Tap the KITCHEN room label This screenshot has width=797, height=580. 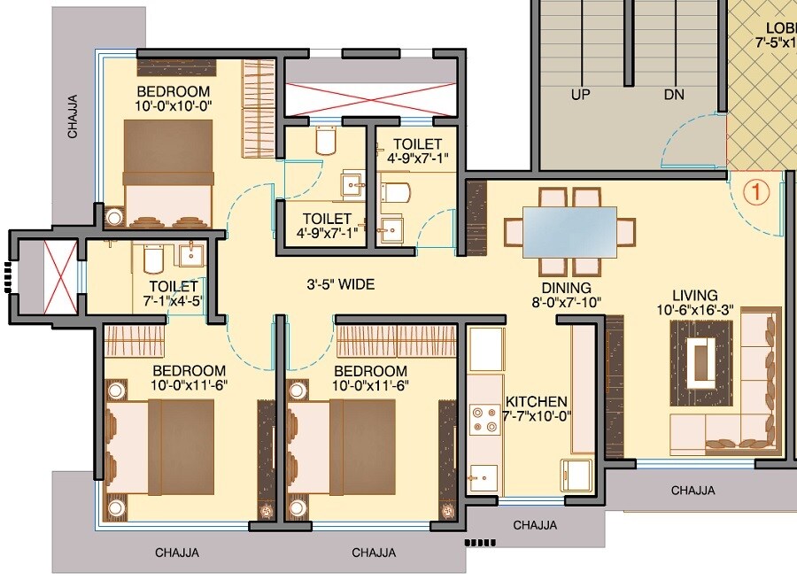(536, 401)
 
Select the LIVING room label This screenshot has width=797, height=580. (694, 295)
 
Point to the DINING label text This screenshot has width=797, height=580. (567, 288)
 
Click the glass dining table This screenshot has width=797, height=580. (569, 231)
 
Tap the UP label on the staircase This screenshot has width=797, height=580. (581, 94)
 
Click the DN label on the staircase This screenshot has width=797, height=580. (675, 94)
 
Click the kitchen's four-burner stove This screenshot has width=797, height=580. (484, 419)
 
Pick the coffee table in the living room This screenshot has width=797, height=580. (700, 353)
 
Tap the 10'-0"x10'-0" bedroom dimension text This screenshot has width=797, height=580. (174, 106)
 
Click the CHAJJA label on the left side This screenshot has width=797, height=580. (73, 117)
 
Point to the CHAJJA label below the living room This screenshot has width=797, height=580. (693, 490)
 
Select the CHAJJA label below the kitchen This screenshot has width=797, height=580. (535, 525)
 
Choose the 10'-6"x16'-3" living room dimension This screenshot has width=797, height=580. (693, 310)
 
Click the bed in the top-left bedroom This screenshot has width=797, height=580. (167, 174)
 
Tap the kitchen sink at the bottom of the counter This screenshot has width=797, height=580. (484, 479)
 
